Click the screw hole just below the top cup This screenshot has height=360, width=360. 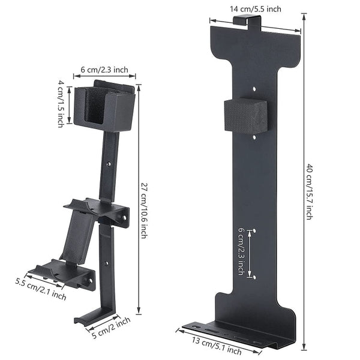tap(109, 163)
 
